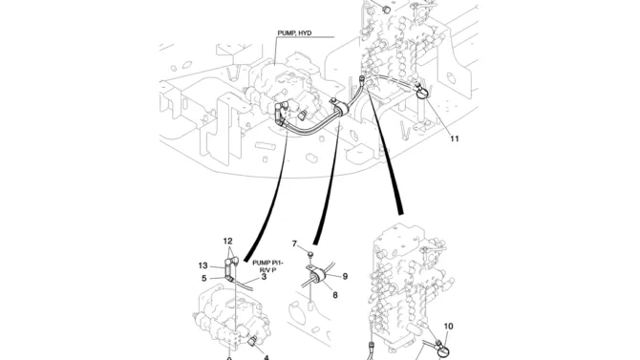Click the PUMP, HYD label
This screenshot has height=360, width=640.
[294, 33]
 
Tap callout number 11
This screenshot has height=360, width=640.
[455, 138]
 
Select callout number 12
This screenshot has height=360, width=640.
[227, 242]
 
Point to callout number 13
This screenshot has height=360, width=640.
[203, 265]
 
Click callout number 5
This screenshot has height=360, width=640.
[204, 279]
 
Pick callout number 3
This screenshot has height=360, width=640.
[264, 277]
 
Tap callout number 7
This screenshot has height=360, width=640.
[295, 244]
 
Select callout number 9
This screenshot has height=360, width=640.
[345, 276]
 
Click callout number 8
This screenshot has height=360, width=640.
[335, 295]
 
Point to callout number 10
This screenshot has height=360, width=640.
[448, 327]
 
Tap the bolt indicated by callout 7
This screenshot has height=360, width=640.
[309, 255]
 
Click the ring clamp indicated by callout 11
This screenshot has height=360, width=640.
[421, 95]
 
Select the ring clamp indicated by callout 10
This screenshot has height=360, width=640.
[443, 351]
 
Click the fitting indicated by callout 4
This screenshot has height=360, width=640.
[252, 340]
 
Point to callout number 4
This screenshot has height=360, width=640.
[267, 358]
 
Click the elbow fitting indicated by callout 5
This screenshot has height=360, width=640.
[229, 279]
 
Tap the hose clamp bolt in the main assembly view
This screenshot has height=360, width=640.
[333, 99]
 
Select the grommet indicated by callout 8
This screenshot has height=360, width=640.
[316, 279]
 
